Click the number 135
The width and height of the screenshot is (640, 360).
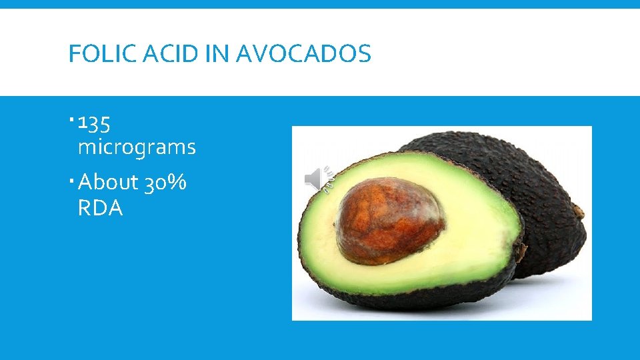tap(95, 124)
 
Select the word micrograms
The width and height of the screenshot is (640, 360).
tap(137, 147)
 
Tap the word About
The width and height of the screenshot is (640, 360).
tap(108, 182)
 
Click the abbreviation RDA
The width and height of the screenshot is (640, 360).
tap(100, 209)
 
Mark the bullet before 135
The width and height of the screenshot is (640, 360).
tap(71, 121)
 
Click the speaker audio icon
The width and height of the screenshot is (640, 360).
tap(317, 179)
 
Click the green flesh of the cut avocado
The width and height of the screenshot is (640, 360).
tap(467, 253)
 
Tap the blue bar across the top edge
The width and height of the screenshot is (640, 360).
tap(320, 4)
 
